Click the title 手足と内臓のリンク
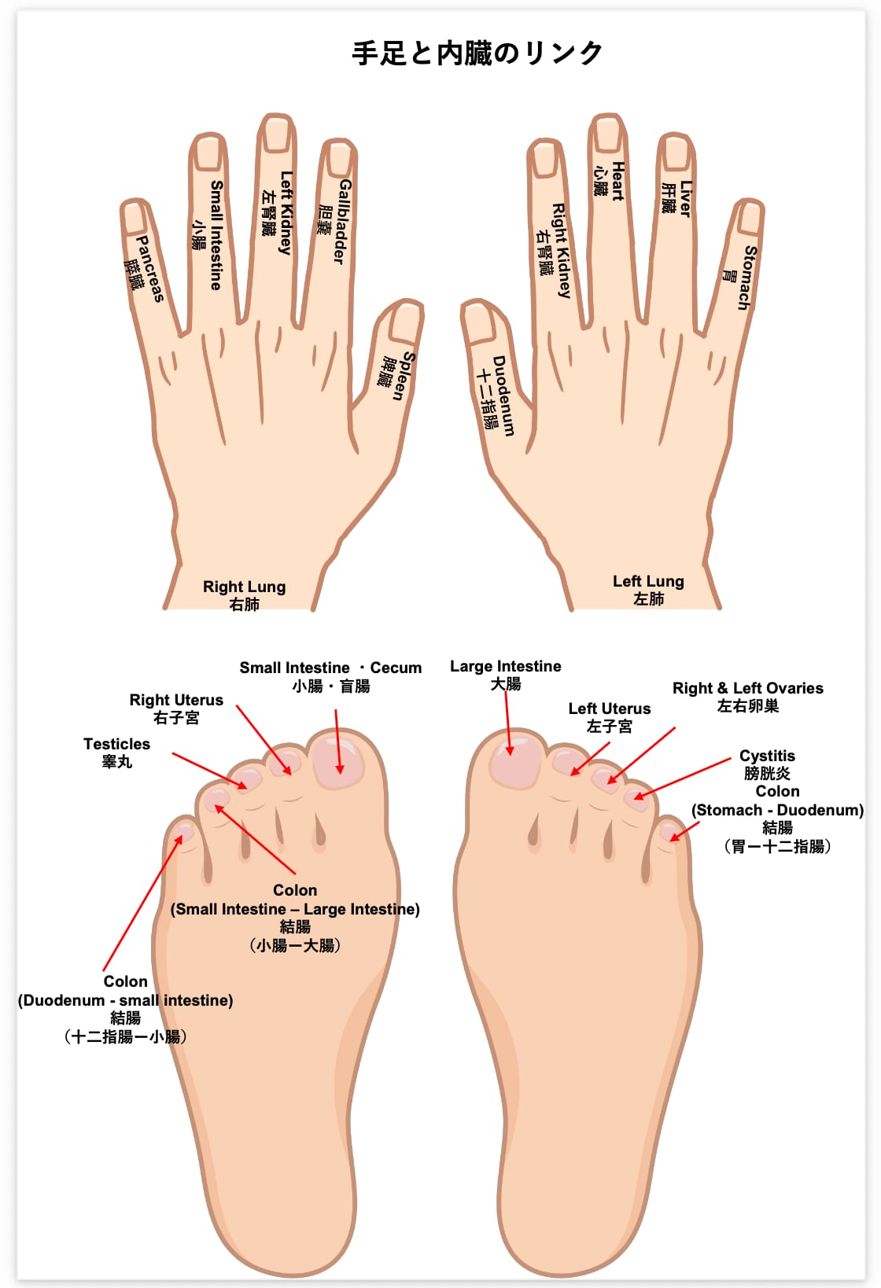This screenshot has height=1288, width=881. click(477, 53)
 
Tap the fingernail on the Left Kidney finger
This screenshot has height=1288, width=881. click(277, 133)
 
